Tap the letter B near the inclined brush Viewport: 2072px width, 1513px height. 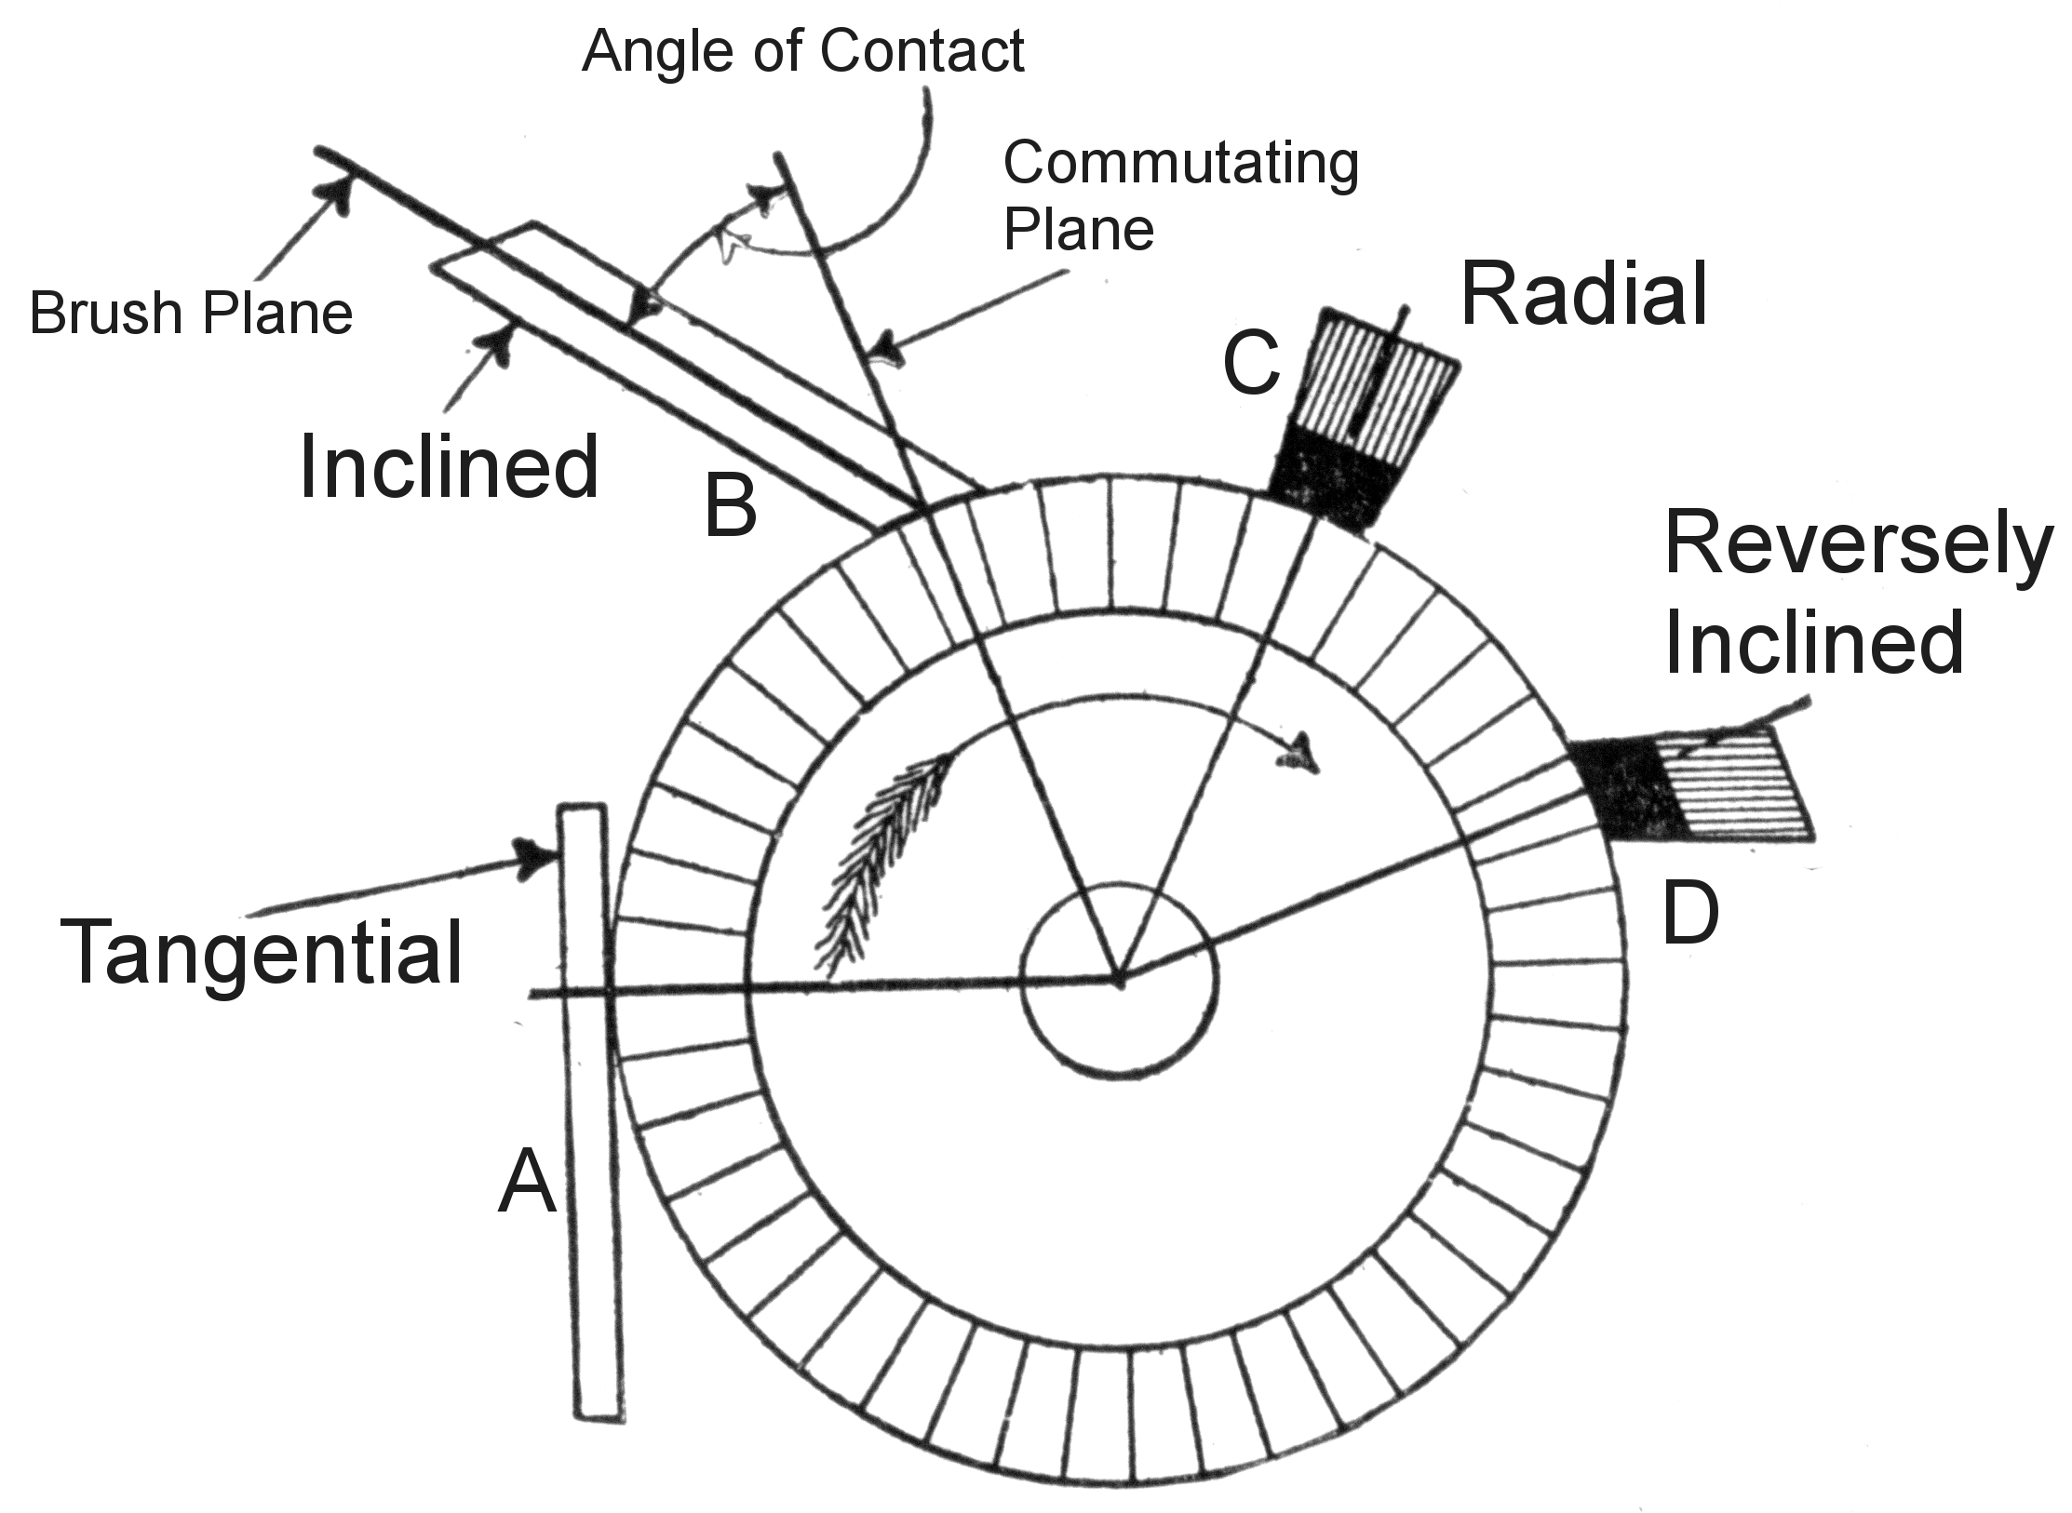(x=731, y=506)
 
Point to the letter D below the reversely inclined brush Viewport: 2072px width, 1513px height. (x=1690, y=915)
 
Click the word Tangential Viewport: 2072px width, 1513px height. (x=262, y=951)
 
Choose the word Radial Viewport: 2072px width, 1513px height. (x=1584, y=295)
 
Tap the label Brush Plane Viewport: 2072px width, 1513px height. (x=192, y=313)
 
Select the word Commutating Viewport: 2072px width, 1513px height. (x=1180, y=165)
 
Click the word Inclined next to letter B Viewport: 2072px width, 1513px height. (x=449, y=468)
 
